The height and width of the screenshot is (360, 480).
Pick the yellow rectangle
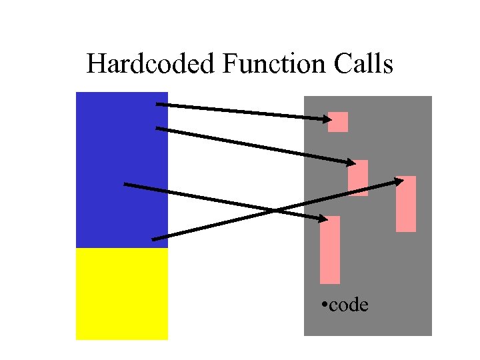(122, 294)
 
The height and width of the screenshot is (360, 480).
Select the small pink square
(338, 122)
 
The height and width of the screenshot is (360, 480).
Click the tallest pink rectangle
(330, 250)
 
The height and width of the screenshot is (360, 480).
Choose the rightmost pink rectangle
(406, 204)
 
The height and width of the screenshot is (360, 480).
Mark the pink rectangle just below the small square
(358, 178)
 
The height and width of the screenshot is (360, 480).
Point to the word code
(349, 305)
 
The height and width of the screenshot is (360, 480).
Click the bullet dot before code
(323, 305)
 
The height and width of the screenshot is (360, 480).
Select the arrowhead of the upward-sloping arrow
(399, 180)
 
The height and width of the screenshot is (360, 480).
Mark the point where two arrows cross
(274, 211)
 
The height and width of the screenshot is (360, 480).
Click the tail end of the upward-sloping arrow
(153, 239)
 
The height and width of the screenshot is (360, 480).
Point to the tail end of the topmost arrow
(157, 104)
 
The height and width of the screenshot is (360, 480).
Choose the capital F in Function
(230, 65)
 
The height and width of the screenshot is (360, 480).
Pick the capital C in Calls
(337, 65)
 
